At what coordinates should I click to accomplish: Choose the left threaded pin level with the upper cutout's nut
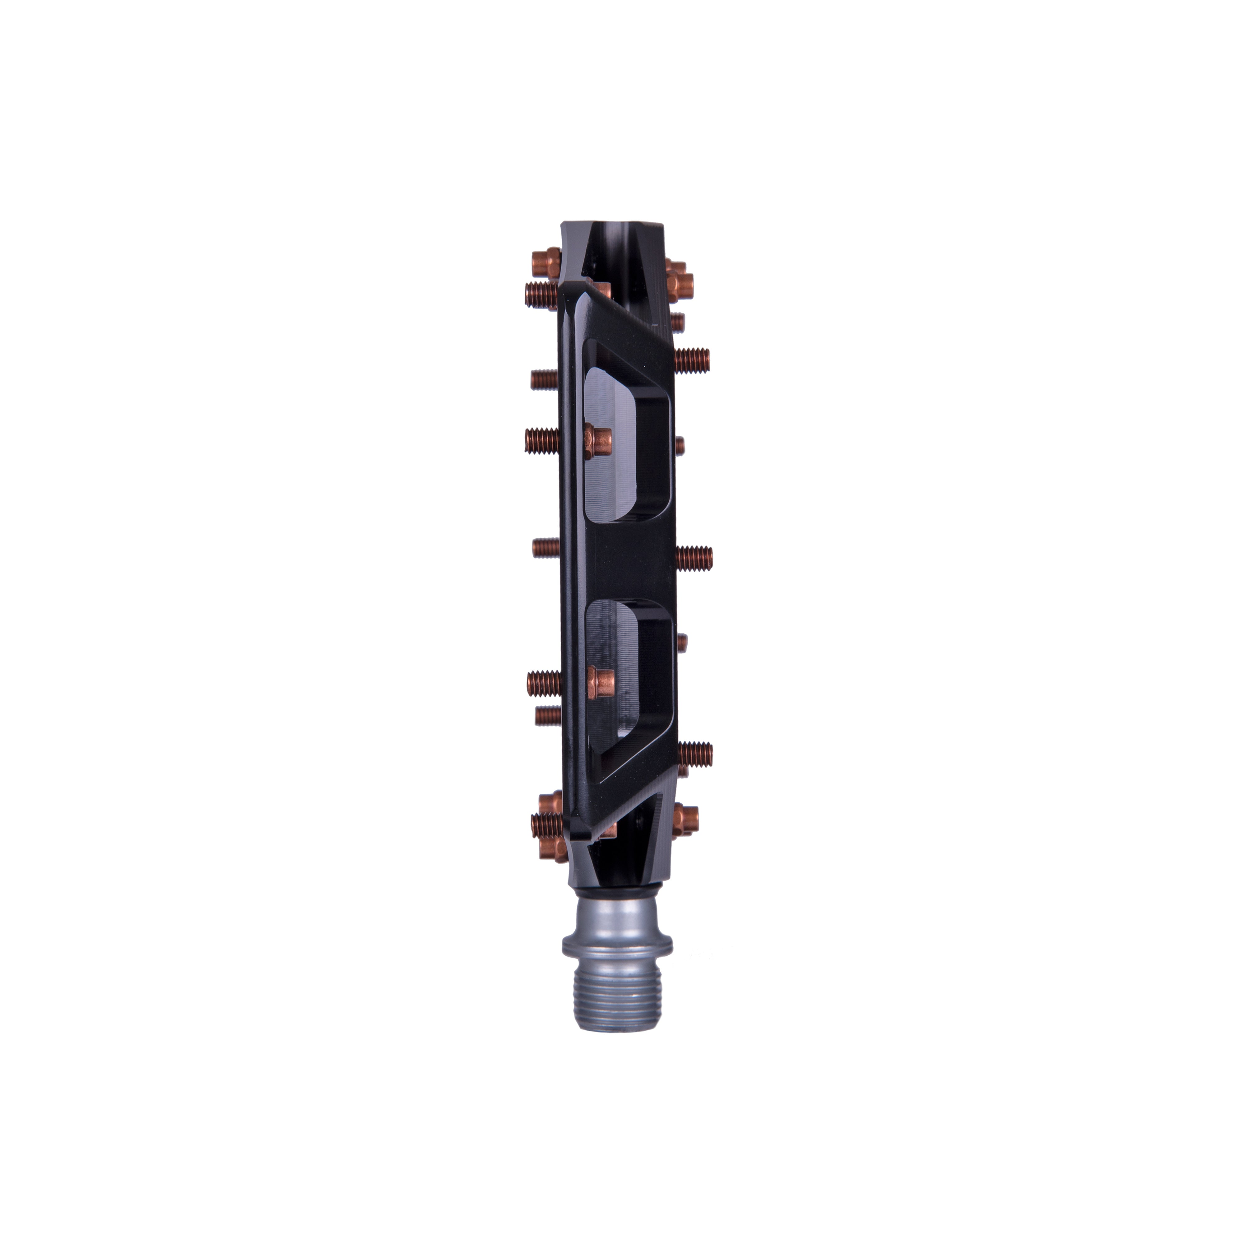542,441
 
